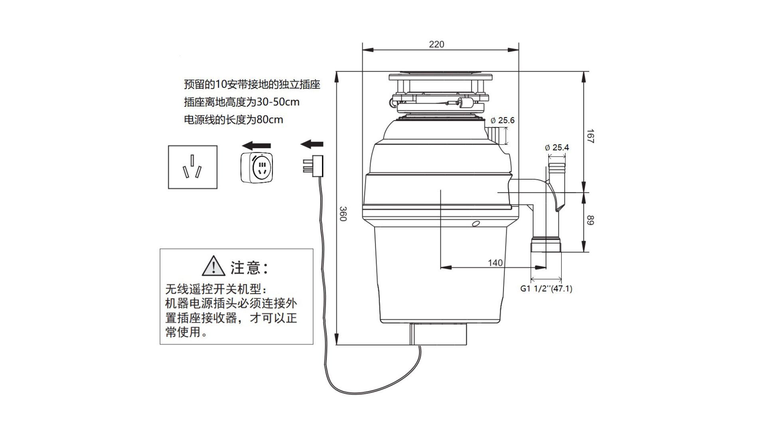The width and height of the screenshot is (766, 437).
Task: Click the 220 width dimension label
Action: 436,44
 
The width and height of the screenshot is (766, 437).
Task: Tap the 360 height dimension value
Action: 343,214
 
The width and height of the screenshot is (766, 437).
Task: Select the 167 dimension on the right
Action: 590,136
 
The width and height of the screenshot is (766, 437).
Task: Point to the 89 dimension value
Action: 590,220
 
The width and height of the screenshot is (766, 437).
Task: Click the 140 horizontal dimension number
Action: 495,263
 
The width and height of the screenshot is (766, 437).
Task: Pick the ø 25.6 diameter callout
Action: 503,120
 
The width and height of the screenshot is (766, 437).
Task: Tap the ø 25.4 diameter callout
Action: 557,147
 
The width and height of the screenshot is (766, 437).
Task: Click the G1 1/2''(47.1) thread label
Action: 546,288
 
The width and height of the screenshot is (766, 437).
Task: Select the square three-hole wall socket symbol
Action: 193,167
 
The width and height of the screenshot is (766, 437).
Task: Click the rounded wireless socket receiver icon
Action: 257,167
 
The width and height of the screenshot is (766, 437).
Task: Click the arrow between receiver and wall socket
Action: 257,145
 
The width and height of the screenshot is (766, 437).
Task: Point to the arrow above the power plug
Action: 312,144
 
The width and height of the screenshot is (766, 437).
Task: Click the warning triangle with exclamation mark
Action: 213,266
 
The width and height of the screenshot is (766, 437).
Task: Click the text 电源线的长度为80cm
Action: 233,119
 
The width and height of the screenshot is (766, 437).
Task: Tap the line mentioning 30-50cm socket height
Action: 241,102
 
